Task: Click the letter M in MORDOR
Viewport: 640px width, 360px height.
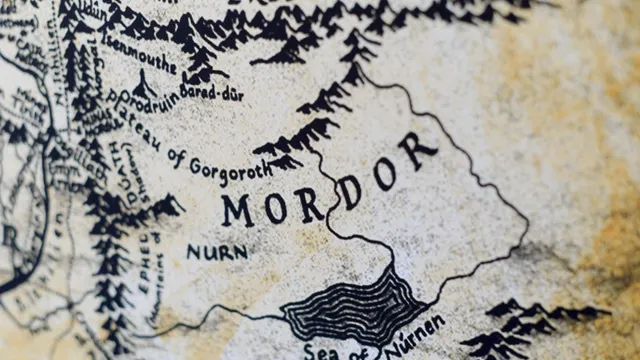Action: coord(239,211)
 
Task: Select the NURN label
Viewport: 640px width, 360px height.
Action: coord(216,252)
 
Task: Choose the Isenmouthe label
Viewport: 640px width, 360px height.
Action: coord(139,60)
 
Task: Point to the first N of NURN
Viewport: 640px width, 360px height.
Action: coord(192,252)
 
